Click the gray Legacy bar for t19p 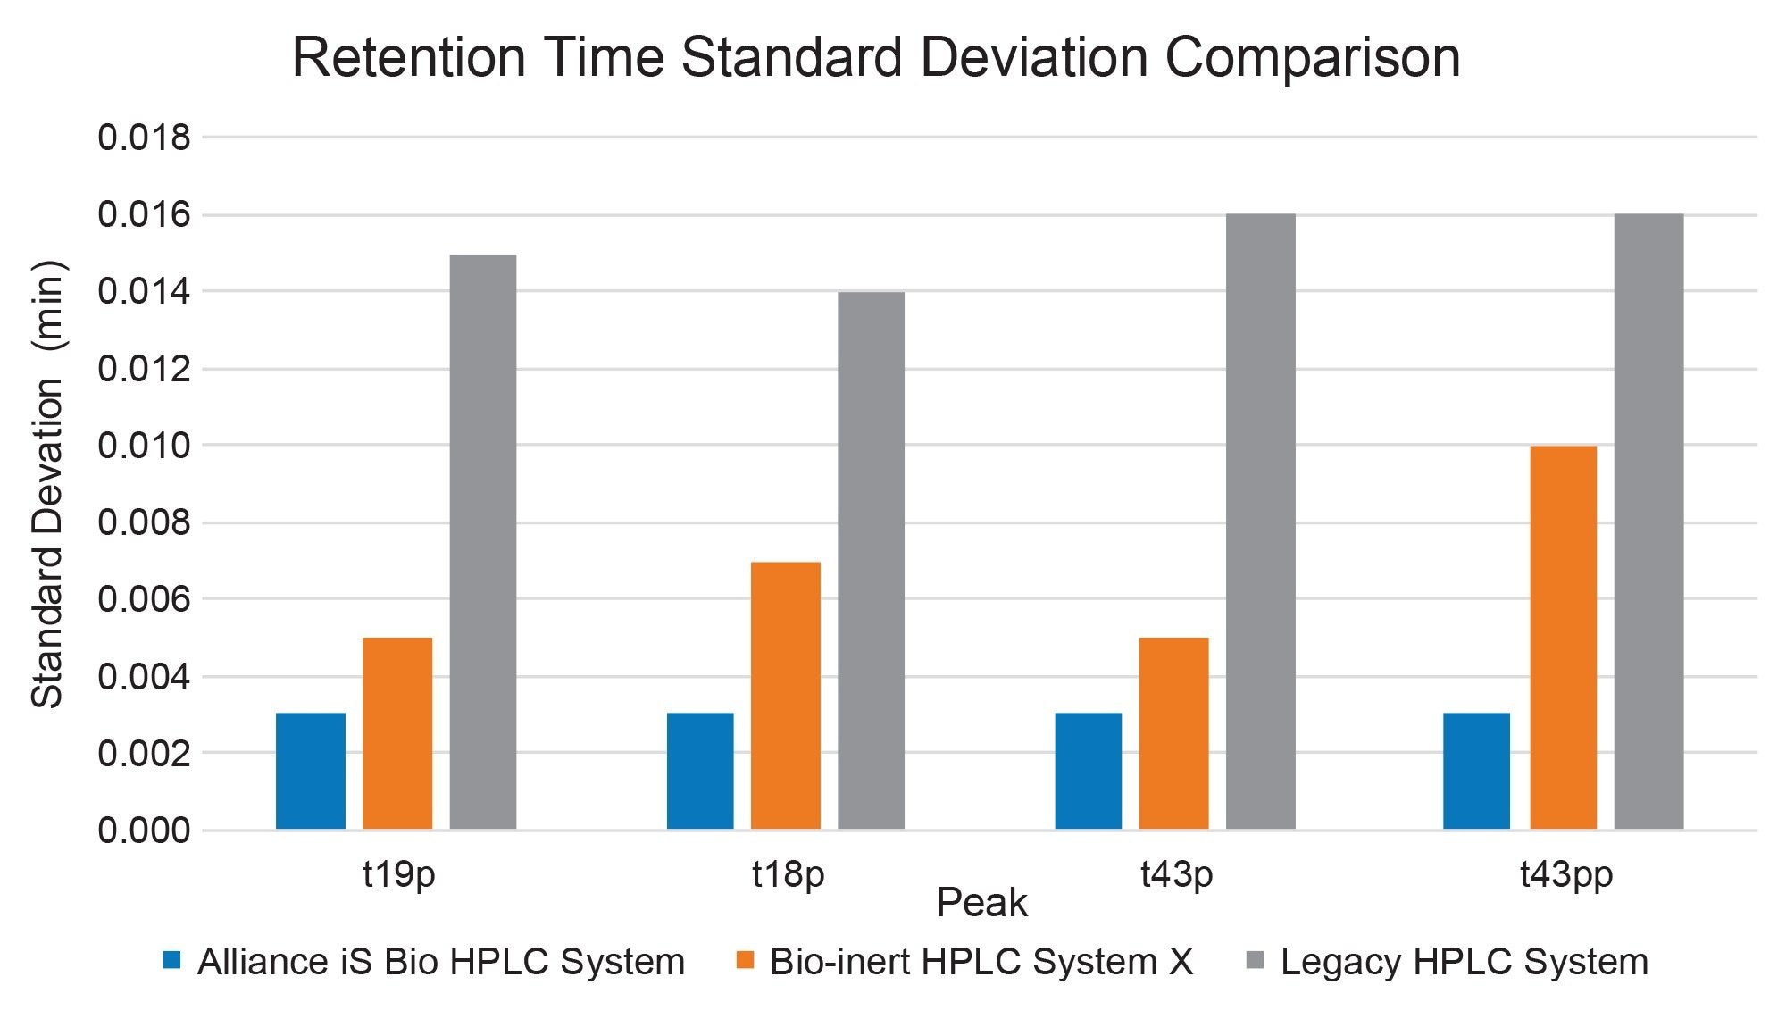[482, 541]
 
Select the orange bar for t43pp [1563, 637]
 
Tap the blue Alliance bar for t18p [700, 771]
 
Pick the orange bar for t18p [785, 695]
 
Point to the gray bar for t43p [1260, 522]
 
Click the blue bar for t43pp [1476, 771]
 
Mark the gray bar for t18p [871, 560]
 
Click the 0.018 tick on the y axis [144, 138]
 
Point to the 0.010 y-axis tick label [144, 445]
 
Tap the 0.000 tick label [144, 831]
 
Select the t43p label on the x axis [1176, 874]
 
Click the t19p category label [398, 874]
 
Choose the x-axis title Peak [981, 903]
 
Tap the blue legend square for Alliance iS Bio [171, 961]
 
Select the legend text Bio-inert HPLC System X [981, 962]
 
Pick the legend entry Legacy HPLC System [1464, 962]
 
